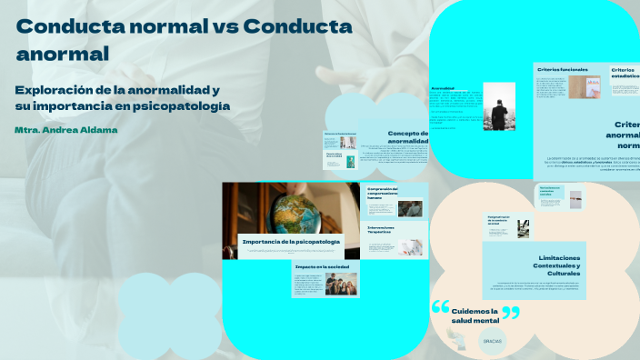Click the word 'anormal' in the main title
[x=63, y=54]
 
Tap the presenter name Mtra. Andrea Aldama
[x=66, y=130]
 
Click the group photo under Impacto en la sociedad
[x=341, y=285]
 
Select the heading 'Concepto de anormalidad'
[x=402, y=137]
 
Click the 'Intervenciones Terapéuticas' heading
[x=381, y=230]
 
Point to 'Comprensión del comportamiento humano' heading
[x=383, y=192]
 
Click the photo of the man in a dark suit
[x=499, y=106]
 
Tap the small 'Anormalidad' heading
[x=443, y=88]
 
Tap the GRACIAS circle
[x=493, y=341]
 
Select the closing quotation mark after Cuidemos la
[x=511, y=314]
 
